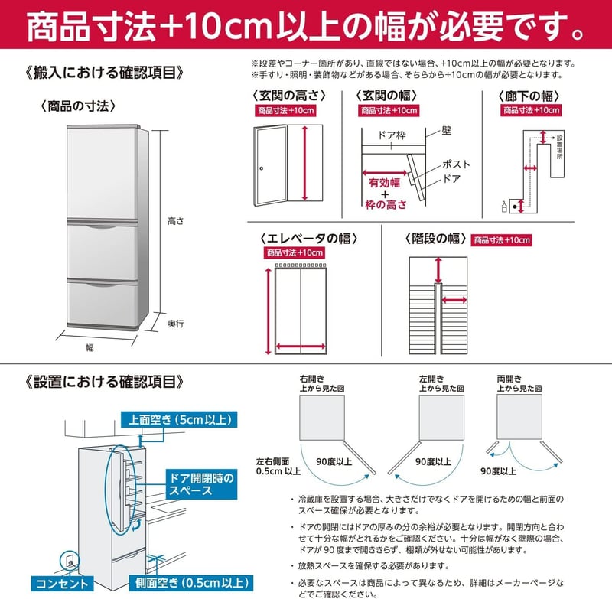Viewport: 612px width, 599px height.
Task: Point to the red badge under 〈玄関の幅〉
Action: (x=389, y=111)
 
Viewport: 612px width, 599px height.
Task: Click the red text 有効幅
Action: (x=384, y=183)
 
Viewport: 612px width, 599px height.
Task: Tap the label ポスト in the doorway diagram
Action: (x=456, y=164)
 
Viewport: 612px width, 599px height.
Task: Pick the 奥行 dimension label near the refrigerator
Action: (x=175, y=324)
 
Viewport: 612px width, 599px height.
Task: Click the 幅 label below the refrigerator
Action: (x=90, y=347)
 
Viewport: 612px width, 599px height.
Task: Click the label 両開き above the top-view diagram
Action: (x=509, y=378)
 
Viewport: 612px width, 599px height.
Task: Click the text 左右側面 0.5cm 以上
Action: (x=278, y=467)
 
